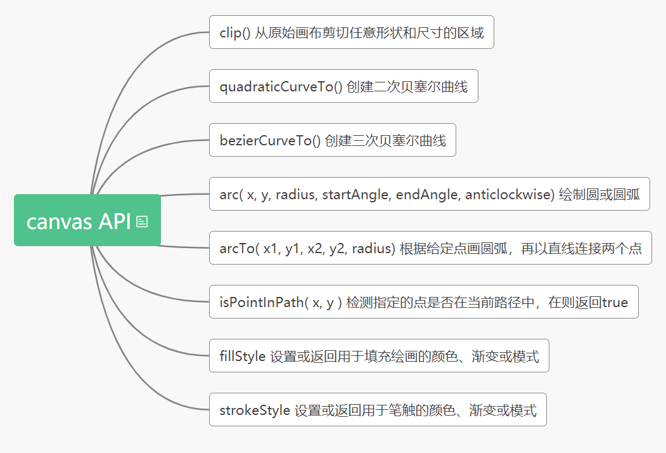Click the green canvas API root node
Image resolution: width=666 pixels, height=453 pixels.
[87, 220]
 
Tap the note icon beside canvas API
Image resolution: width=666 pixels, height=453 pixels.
[142, 221]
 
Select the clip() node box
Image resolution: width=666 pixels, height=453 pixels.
[352, 32]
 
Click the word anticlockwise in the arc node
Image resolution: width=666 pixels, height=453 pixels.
[509, 194]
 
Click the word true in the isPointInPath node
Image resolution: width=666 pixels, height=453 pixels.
[615, 303]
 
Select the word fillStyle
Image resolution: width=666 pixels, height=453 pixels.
[243, 357]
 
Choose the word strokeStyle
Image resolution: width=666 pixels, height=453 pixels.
[255, 410]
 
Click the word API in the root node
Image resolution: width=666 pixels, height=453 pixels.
[115, 221]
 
